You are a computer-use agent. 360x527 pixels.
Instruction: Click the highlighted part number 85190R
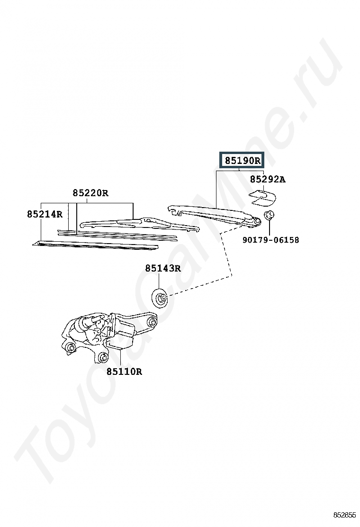pyautogui.click(x=242, y=160)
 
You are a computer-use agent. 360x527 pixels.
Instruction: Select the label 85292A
pyautogui.click(x=268, y=179)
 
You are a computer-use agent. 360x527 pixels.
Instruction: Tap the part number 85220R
pyautogui.click(x=90, y=193)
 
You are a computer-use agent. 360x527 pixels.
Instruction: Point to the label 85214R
pyautogui.click(x=45, y=214)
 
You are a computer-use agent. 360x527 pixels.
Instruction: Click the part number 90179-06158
pyautogui.click(x=270, y=240)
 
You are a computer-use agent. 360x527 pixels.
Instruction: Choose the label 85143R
pyautogui.click(x=163, y=268)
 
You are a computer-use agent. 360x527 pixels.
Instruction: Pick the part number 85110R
pyautogui.click(x=124, y=372)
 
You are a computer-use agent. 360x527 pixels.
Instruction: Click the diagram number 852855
pyautogui.click(x=344, y=515)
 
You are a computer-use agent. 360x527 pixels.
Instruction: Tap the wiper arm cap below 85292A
pyautogui.click(x=262, y=197)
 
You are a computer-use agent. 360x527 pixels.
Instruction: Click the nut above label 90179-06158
pyautogui.click(x=269, y=214)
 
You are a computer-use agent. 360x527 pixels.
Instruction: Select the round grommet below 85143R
pyautogui.click(x=160, y=298)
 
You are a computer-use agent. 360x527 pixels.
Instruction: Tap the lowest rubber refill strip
pyautogui.click(x=96, y=245)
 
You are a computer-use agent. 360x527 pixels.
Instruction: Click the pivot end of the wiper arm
pyautogui.click(x=256, y=221)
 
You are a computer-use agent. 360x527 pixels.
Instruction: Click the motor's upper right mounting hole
pyautogui.click(x=152, y=322)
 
